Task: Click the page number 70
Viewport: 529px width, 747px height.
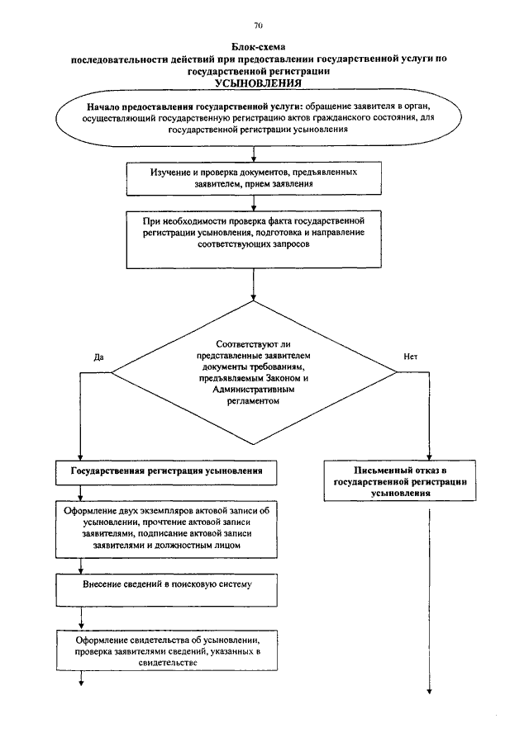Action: click(x=259, y=26)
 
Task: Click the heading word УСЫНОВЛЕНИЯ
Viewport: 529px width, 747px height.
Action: click(x=258, y=83)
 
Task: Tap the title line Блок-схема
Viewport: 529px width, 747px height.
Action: click(x=259, y=47)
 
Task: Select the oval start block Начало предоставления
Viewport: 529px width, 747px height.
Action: click(x=259, y=117)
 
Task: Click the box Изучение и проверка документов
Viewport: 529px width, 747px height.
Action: click(x=254, y=178)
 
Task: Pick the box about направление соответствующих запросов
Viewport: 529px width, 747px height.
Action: click(x=254, y=239)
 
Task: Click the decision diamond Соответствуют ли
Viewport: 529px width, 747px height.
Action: click(x=254, y=372)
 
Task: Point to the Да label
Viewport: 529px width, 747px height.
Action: click(x=98, y=357)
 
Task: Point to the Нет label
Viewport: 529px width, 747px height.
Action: click(x=410, y=357)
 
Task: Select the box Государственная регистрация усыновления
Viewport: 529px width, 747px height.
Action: click(x=166, y=472)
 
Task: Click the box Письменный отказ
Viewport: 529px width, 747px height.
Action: click(x=400, y=480)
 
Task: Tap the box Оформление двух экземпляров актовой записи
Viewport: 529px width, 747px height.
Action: click(x=166, y=529)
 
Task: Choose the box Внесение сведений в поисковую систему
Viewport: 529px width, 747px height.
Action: click(x=166, y=590)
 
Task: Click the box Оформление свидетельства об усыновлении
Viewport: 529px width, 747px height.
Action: click(x=166, y=650)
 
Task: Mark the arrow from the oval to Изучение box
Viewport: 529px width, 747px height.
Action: click(x=254, y=154)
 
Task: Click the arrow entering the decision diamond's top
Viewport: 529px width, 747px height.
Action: click(x=254, y=285)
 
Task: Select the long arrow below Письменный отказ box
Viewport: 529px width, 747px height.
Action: click(x=429, y=602)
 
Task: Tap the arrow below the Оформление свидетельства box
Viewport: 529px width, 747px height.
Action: click(x=81, y=678)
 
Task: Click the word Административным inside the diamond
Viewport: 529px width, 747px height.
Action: click(x=253, y=390)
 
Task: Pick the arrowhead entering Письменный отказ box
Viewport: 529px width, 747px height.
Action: click(x=429, y=456)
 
